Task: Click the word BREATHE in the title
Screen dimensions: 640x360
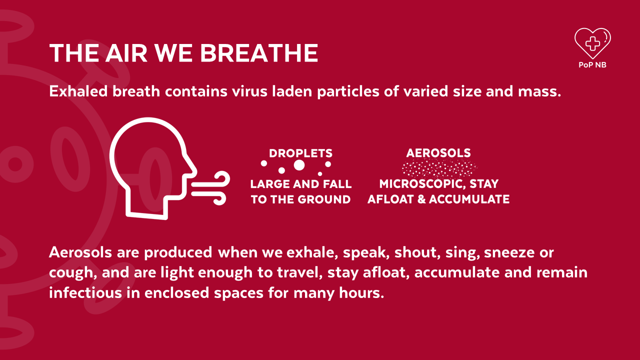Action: pyautogui.click(x=259, y=53)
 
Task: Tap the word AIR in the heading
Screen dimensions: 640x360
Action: pyautogui.click(x=126, y=53)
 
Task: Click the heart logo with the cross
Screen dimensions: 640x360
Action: pyautogui.click(x=592, y=43)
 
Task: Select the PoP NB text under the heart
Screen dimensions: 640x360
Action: pyautogui.click(x=592, y=65)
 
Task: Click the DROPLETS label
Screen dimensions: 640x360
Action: pyautogui.click(x=301, y=153)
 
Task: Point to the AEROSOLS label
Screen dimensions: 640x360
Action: pyautogui.click(x=438, y=153)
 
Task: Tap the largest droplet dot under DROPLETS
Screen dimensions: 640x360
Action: pyautogui.click(x=299, y=165)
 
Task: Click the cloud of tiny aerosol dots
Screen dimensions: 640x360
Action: pyautogui.click(x=439, y=169)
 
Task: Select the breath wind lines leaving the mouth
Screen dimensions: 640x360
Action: pyautogui.click(x=211, y=188)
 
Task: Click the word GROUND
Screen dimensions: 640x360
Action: pyautogui.click(x=323, y=199)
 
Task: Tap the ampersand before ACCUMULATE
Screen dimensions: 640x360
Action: pyautogui.click(x=421, y=199)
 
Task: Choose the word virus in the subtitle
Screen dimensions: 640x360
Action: pyautogui.click(x=249, y=91)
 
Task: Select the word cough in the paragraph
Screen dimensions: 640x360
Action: pyautogui.click(x=71, y=273)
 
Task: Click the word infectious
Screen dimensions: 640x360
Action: pyautogui.click(x=85, y=293)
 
